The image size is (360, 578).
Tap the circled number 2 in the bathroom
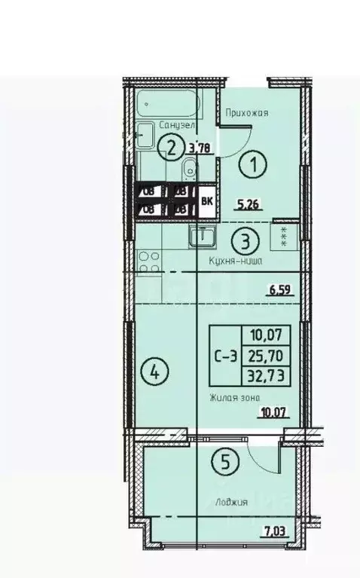click(173, 147)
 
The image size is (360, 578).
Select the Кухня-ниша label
click(235, 261)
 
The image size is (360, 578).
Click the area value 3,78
click(199, 148)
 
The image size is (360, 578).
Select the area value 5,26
click(249, 202)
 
